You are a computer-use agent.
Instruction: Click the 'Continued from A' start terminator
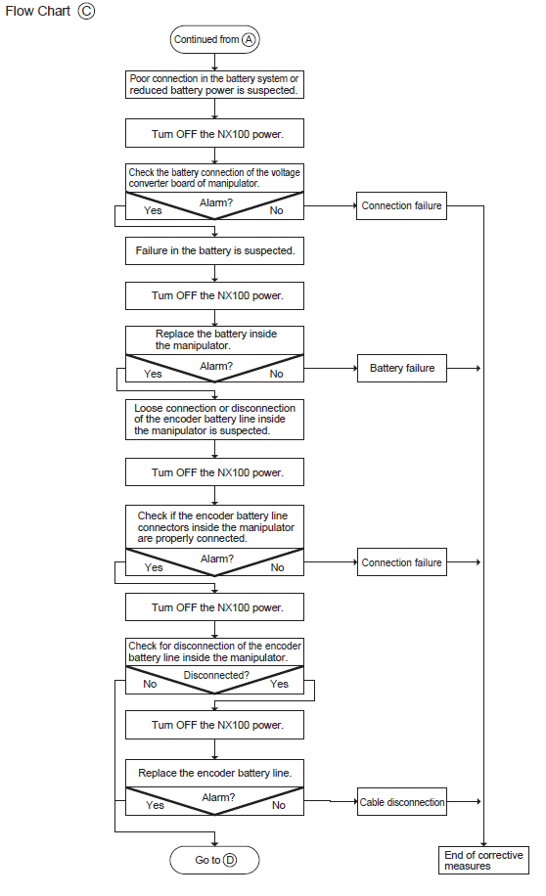click(214, 39)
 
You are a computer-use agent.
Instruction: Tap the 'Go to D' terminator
click(214, 860)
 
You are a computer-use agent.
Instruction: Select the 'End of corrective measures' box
click(483, 860)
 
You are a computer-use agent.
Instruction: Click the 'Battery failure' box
click(402, 368)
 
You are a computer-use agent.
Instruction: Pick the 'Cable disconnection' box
click(402, 802)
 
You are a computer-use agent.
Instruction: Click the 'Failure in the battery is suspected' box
click(214, 250)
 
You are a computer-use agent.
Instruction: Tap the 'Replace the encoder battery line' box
click(214, 773)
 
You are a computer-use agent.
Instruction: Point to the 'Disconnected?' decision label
click(216, 675)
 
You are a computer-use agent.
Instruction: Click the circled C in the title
click(86, 11)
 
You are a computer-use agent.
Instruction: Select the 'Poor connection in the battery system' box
click(214, 84)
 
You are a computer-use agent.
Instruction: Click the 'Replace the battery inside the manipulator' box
click(214, 340)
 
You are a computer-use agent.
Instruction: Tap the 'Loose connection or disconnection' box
click(214, 420)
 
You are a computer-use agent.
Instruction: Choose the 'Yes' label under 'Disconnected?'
click(280, 684)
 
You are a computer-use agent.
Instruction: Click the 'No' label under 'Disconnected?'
click(150, 684)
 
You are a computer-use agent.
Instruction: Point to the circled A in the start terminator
click(249, 39)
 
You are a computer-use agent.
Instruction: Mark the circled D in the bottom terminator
click(230, 860)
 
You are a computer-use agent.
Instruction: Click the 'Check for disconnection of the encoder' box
click(214, 651)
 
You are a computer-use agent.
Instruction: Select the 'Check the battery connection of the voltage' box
click(214, 178)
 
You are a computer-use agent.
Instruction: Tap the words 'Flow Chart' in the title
click(38, 11)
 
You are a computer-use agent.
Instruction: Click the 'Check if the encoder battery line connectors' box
click(214, 527)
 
